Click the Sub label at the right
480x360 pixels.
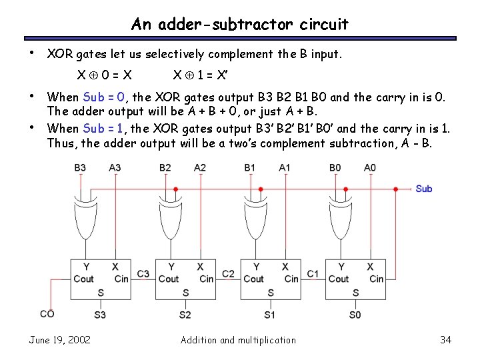423,189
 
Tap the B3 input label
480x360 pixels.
81,167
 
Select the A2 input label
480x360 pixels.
200,167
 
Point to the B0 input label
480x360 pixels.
335,167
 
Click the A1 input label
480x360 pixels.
285,167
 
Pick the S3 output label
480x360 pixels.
100,314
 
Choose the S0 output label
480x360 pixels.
355,314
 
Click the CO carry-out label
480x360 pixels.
47,313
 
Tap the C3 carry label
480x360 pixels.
143,273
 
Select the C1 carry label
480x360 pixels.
313,273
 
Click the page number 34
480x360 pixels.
446,340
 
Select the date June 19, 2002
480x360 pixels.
60,340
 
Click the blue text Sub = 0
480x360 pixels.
104,97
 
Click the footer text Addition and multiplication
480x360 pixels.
238,340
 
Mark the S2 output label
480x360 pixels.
185,314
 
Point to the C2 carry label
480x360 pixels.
228,273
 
